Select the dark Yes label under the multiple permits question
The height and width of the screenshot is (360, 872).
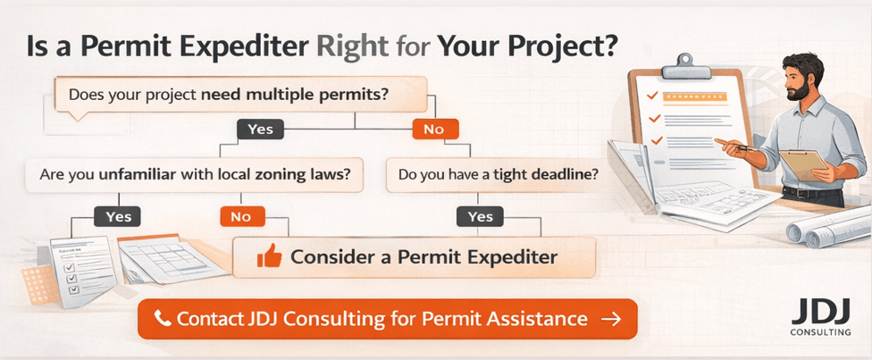[260, 130]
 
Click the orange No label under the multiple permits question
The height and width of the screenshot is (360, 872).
[434, 130]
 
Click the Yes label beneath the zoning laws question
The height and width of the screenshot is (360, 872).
[118, 216]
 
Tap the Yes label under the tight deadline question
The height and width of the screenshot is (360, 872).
[480, 216]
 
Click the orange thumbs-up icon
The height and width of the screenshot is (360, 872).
[269, 257]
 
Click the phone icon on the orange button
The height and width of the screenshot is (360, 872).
[163, 319]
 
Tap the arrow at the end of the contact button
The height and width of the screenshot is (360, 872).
[611, 319]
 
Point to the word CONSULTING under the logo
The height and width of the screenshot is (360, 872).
[814, 333]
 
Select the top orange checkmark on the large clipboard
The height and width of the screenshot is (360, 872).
[654, 94]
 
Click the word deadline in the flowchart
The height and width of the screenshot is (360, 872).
[560, 173]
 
